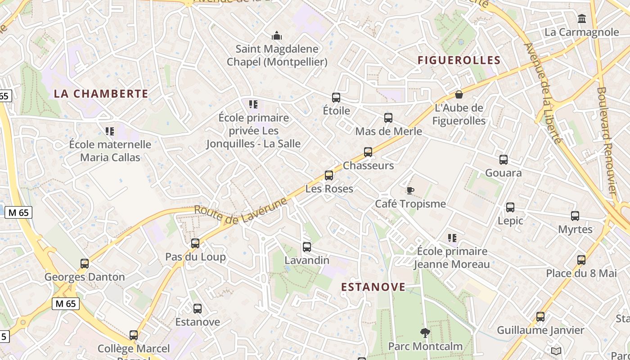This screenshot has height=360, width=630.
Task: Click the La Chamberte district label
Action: pyautogui.click(x=101, y=94)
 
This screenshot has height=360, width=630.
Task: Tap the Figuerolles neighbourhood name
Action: pyautogui.click(x=459, y=60)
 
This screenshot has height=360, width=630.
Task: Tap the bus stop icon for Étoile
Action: pyautogui.click(x=336, y=98)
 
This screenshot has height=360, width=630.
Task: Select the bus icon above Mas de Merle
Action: pyautogui.click(x=388, y=118)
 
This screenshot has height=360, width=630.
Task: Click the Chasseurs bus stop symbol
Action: pyautogui.click(x=368, y=152)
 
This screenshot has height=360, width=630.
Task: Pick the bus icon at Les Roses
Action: pyautogui.click(x=329, y=175)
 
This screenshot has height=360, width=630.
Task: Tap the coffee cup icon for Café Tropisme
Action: pyautogui.click(x=410, y=190)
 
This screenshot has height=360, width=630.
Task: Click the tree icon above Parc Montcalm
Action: pyautogui.click(x=425, y=333)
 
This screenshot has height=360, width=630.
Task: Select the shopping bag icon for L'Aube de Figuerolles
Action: pyautogui.click(x=459, y=94)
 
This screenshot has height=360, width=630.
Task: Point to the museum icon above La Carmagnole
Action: pyautogui.click(x=582, y=19)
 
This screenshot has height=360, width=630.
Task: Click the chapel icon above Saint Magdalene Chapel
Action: pyautogui.click(x=277, y=36)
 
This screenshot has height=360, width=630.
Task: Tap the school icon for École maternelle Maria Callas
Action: pyautogui.click(x=110, y=131)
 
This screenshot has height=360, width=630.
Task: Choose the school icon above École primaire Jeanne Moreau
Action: pyautogui.click(x=452, y=238)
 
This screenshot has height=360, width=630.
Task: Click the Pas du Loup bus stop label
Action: pyautogui.click(x=195, y=256)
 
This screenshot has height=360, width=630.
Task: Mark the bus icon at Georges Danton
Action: pyautogui.click(x=85, y=264)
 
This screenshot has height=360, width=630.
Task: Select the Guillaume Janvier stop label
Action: pyautogui.click(x=540, y=330)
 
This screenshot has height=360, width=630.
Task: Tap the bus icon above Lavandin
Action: pyautogui.click(x=307, y=247)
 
